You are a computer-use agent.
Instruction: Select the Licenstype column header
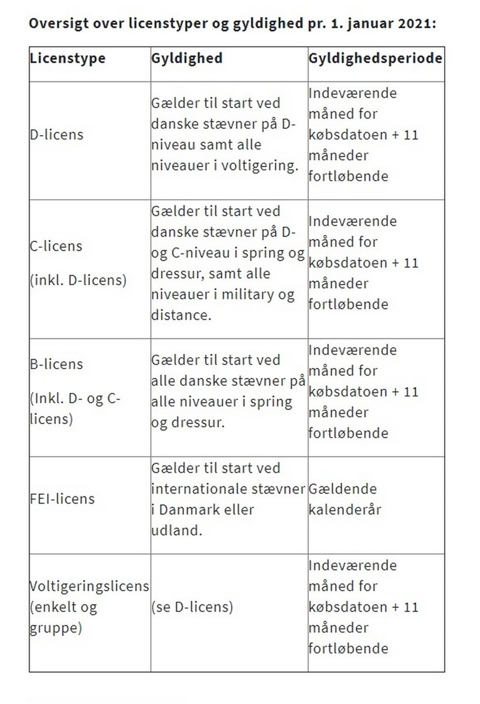point(68,58)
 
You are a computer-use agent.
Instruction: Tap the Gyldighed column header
point(187,58)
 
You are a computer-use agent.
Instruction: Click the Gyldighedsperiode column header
point(375,58)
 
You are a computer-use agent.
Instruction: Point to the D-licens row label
point(57,135)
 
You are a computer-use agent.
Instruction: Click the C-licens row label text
point(56,246)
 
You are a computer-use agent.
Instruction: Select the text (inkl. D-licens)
point(78,280)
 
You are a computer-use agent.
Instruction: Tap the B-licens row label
point(56,364)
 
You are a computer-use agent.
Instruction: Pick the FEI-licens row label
point(62,499)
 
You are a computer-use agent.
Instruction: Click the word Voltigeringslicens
point(89,586)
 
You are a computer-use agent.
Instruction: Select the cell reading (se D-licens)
point(192,607)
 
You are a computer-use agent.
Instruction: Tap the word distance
point(181,315)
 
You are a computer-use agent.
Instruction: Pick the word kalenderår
point(345,510)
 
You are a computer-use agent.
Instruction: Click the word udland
point(176,530)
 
